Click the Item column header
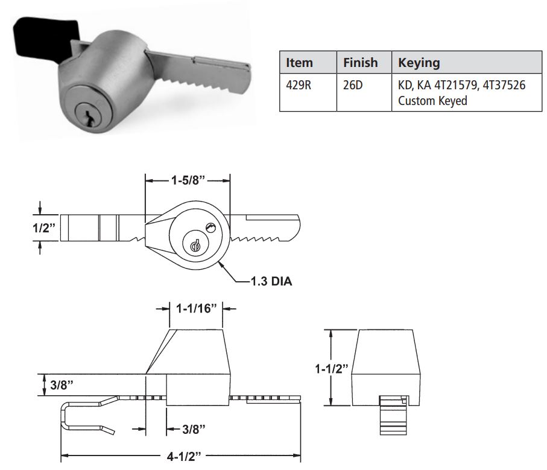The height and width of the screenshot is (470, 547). pyautogui.click(x=299, y=63)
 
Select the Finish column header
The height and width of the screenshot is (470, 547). pyautogui.click(x=360, y=63)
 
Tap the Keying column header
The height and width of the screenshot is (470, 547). pyautogui.click(x=419, y=63)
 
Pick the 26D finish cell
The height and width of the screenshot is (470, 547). pyautogui.click(x=353, y=85)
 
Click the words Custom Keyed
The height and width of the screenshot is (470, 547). pyautogui.click(x=432, y=100)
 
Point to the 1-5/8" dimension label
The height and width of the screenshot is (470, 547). pyautogui.click(x=188, y=180)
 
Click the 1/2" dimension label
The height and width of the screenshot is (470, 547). pyautogui.click(x=45, y=229)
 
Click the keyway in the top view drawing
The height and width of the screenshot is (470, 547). pyautogui.click(x=194, y=246)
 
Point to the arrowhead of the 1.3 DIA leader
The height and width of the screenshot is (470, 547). pyautogui.click(x=222, y=264)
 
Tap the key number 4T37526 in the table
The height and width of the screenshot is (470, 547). pyautogui.click(x=501, y=85)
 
